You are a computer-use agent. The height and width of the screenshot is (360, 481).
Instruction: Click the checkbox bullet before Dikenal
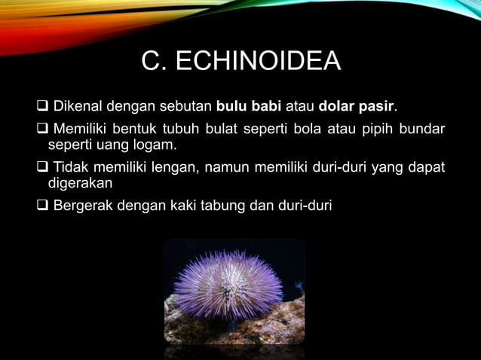pos(42,104)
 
